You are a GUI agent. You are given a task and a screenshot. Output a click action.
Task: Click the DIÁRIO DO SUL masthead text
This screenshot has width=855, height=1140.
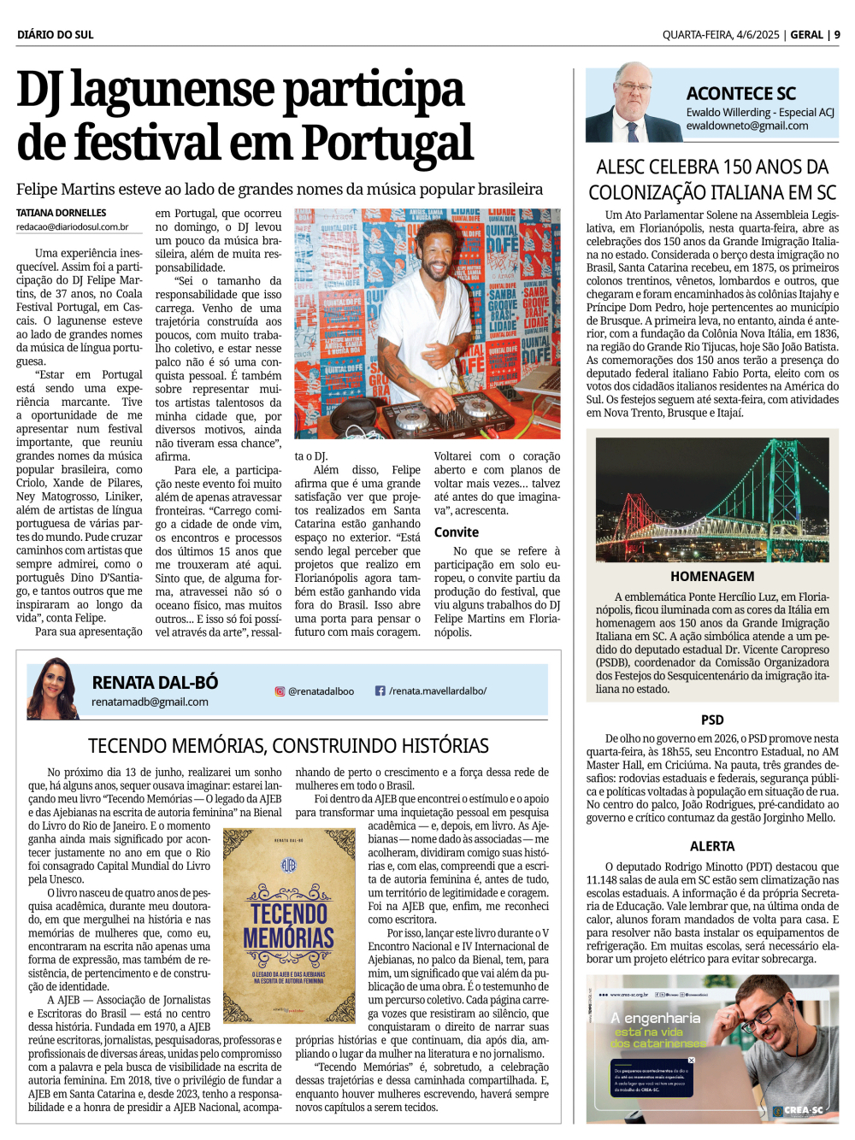[x=56, y=35]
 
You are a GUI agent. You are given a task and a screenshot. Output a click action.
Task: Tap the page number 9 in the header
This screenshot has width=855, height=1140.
[x=837, y=35]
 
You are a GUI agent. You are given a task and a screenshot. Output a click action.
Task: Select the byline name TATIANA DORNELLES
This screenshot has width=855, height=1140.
[x=62, y=213]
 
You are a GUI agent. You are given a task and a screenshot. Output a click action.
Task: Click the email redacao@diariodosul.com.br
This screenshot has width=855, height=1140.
[x=73, y=227]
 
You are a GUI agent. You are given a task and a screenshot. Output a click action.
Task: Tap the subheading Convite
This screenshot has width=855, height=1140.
[x=457, y=532]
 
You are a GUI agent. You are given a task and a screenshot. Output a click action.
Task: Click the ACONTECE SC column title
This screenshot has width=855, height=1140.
[x=740, y=94]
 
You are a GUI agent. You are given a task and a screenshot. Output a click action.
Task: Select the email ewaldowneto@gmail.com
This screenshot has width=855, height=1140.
[x=746, y=126]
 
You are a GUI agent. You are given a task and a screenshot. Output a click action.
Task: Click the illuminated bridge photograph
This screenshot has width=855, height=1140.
[x=712, y=499]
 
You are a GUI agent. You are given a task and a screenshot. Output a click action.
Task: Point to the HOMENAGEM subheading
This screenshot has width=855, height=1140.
[x=712, y=576]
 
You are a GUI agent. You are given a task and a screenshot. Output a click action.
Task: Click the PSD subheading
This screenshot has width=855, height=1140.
[x=712, y=720]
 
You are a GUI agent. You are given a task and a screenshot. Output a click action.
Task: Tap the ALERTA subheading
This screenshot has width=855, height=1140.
[x=712, y=846]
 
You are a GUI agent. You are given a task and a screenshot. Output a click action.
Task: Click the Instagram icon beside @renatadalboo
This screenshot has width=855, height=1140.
[x=279, y=690]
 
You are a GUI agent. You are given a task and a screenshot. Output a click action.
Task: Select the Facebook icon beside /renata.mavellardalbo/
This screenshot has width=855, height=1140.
[x=380, y=690]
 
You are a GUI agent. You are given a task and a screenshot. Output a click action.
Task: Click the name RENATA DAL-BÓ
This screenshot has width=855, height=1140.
[x=155, y=682]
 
